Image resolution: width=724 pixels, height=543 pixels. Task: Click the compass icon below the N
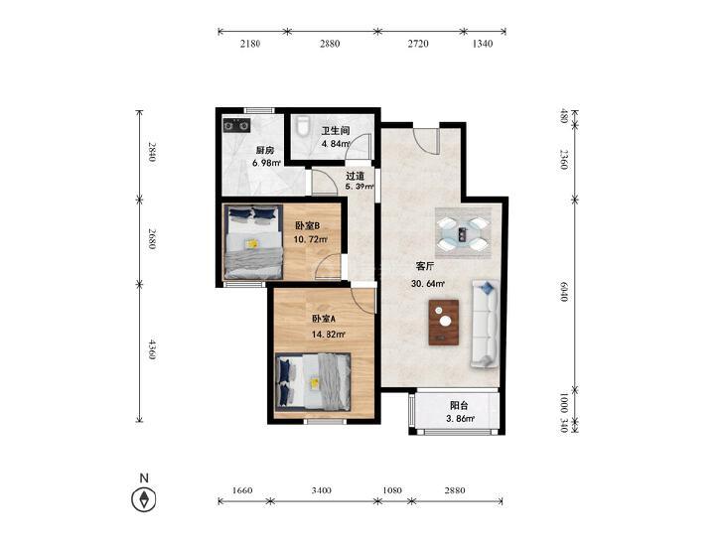[x=144, y=499]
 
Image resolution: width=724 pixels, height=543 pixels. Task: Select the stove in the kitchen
[x=237, y=125]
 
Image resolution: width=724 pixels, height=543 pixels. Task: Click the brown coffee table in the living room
[x=444, y=322]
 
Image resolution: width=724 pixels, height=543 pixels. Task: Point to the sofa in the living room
[x=484, y=324]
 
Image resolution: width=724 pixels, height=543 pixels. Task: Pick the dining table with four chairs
[x=463, y=233]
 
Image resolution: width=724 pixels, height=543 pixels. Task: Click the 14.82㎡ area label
[x=329, y=334]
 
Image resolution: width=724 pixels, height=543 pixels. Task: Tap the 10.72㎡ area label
[x=311, y=239]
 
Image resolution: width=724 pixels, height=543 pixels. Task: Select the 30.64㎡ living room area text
[x=428, y=284]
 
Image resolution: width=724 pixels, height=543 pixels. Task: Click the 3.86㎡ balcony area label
[x=460, y=419]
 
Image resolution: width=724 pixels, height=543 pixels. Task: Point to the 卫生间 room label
[x=336, y=131]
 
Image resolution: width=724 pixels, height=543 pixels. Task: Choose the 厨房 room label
[x=265, y=151]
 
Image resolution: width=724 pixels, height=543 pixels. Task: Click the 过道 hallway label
[x=356, y=176]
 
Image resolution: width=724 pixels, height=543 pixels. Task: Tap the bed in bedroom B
[x=253, y=242]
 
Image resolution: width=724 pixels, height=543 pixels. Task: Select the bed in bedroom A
[x=313, y=381]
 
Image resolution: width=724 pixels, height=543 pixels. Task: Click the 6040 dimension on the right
[x=563, y=292]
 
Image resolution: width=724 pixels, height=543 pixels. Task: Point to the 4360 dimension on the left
[x=151, y=350]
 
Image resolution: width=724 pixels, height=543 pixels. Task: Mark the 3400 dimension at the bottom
[x=321, y=490]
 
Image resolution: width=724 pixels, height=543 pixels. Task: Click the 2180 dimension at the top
[x=250, y=44]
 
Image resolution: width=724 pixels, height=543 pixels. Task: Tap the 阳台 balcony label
[x=459, y=406]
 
